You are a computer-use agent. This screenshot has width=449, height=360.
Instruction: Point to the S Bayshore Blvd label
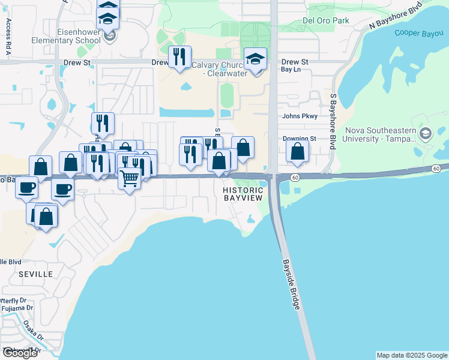click(x=332, y=121)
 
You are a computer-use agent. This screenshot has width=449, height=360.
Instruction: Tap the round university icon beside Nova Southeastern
click(x=426, y=133)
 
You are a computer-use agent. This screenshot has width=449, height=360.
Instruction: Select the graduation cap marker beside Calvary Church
click(x=256, y=59)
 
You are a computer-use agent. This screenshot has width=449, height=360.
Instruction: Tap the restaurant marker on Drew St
click(x=179, y=57)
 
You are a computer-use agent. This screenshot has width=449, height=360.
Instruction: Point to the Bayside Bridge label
click(x=291, y=285)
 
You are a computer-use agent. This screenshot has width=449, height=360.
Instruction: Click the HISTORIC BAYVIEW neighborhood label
click(x=243, y=194)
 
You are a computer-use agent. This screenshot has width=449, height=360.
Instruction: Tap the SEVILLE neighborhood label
click(x=35, y=274)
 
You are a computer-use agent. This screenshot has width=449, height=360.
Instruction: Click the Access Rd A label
click(x=9, y=37)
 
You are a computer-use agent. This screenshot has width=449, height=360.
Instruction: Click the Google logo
click(x=19, y=353)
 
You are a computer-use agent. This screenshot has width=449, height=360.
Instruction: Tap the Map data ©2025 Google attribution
click(x=412, y=355)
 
